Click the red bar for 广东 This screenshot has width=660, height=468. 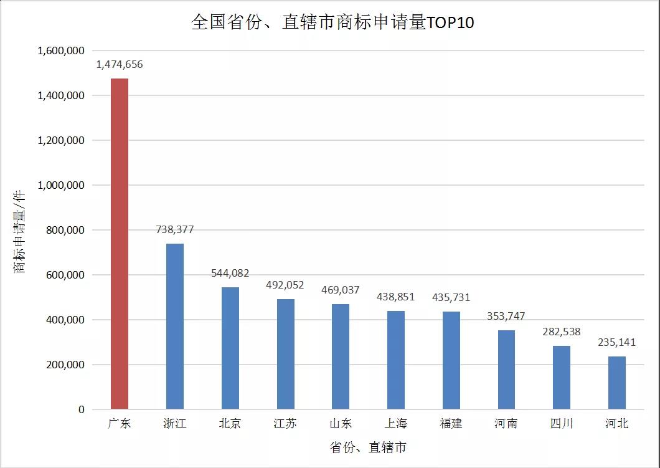(120, 244)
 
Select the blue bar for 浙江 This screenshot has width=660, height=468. (175, 326)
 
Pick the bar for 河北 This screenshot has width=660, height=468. (617, 383)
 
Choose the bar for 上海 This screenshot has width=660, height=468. (396, 360)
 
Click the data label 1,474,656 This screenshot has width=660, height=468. (120, 64)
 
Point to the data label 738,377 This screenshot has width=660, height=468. (175, 230)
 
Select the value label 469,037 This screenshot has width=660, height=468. (341, 290)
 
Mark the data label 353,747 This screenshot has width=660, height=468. (506, 316)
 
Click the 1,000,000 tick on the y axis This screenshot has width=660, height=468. (61, 185)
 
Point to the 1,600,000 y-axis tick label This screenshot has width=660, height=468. (61, 50)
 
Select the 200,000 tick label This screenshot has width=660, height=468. (64, 365)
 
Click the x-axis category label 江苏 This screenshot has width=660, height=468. (285, 424)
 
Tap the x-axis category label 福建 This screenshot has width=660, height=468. (451, 424)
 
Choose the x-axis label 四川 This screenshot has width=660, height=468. (562, 424)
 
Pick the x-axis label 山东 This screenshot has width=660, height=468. (341, 424)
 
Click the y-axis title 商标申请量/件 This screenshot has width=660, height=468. (21, 231)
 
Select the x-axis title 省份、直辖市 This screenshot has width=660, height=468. (368, 447)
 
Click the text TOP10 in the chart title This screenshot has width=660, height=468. (450, 23)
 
